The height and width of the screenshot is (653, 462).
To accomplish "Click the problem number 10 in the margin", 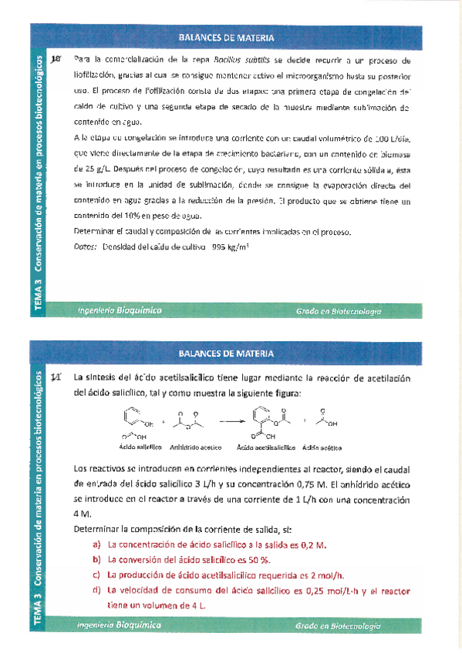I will click(55, 59).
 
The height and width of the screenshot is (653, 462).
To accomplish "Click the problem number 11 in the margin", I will click(55, 378).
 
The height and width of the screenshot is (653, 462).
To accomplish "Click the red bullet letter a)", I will click(96, 544).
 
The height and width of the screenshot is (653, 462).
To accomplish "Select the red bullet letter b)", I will click(96, 560).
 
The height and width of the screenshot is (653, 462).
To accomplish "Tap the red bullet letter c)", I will click(96, 575).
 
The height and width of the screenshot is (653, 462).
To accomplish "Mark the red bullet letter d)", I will click(96, 591).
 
